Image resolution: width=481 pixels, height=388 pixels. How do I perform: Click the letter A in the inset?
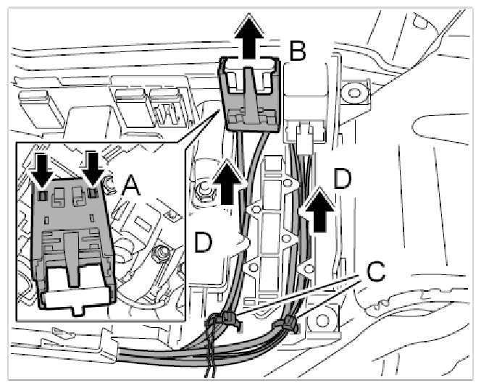tap(130, 187)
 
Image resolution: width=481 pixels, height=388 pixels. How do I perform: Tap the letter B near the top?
tap(298, 51)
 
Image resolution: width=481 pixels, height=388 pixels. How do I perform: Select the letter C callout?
tap(375, 271)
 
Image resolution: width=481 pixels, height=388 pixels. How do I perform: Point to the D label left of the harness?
tap(204, 242)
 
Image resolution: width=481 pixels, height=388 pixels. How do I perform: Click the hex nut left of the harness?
tap(203, 193)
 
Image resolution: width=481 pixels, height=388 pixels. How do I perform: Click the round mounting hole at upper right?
tap(354, 91)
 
